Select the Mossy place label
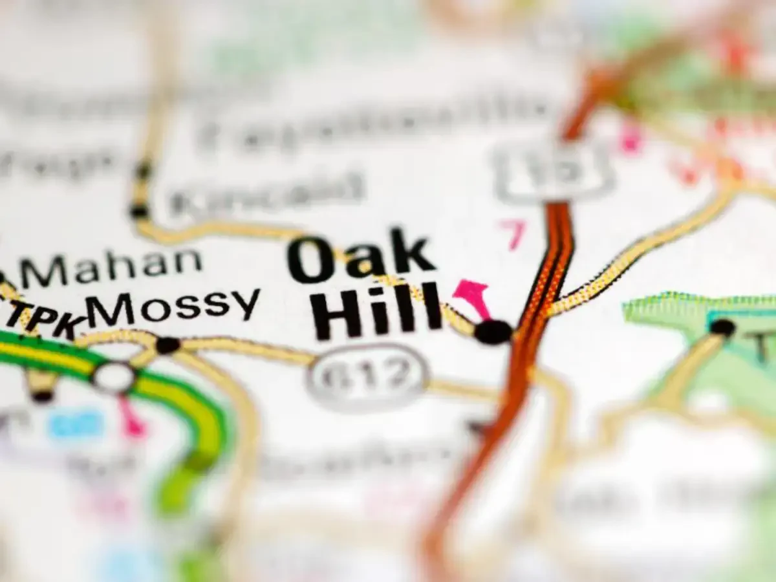pyautogui.click(x=173, y=306)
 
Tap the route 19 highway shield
pyautogui.click(x=554, y=169)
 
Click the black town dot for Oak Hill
pyautogui.click(x=493, y=332)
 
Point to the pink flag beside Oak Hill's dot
pyautogui.click(x=472, y=294)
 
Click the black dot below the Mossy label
pyautogui.click(x=167, y=345)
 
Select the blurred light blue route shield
pyautogui.click(x=76, y=425)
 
